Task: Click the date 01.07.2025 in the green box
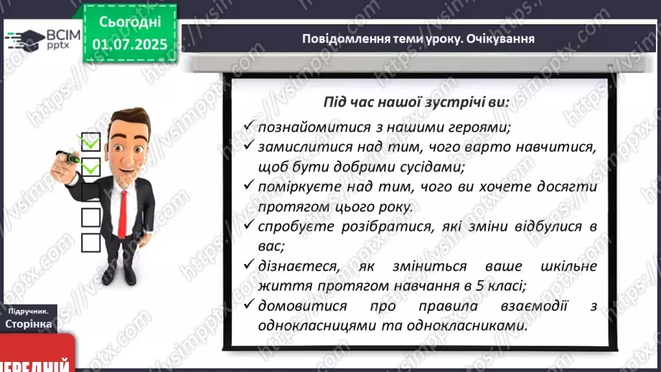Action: [x=130, y=45]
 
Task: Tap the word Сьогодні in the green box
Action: [x=130, y=22]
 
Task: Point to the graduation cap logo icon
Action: [x=25, y=40]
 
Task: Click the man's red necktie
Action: [x=123, y=214]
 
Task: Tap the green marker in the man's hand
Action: [x=68, y=157]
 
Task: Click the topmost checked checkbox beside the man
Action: [x=90, y=141]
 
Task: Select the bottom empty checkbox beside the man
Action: [x=90, y=243]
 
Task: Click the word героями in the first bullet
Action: [x=479, y=127]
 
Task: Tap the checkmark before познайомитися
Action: [x=249, y=125]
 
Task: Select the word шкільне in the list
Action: [x=568, y=266]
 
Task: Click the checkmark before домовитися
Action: [x=249, y=304]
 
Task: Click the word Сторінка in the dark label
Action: [x=29, y=324]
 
